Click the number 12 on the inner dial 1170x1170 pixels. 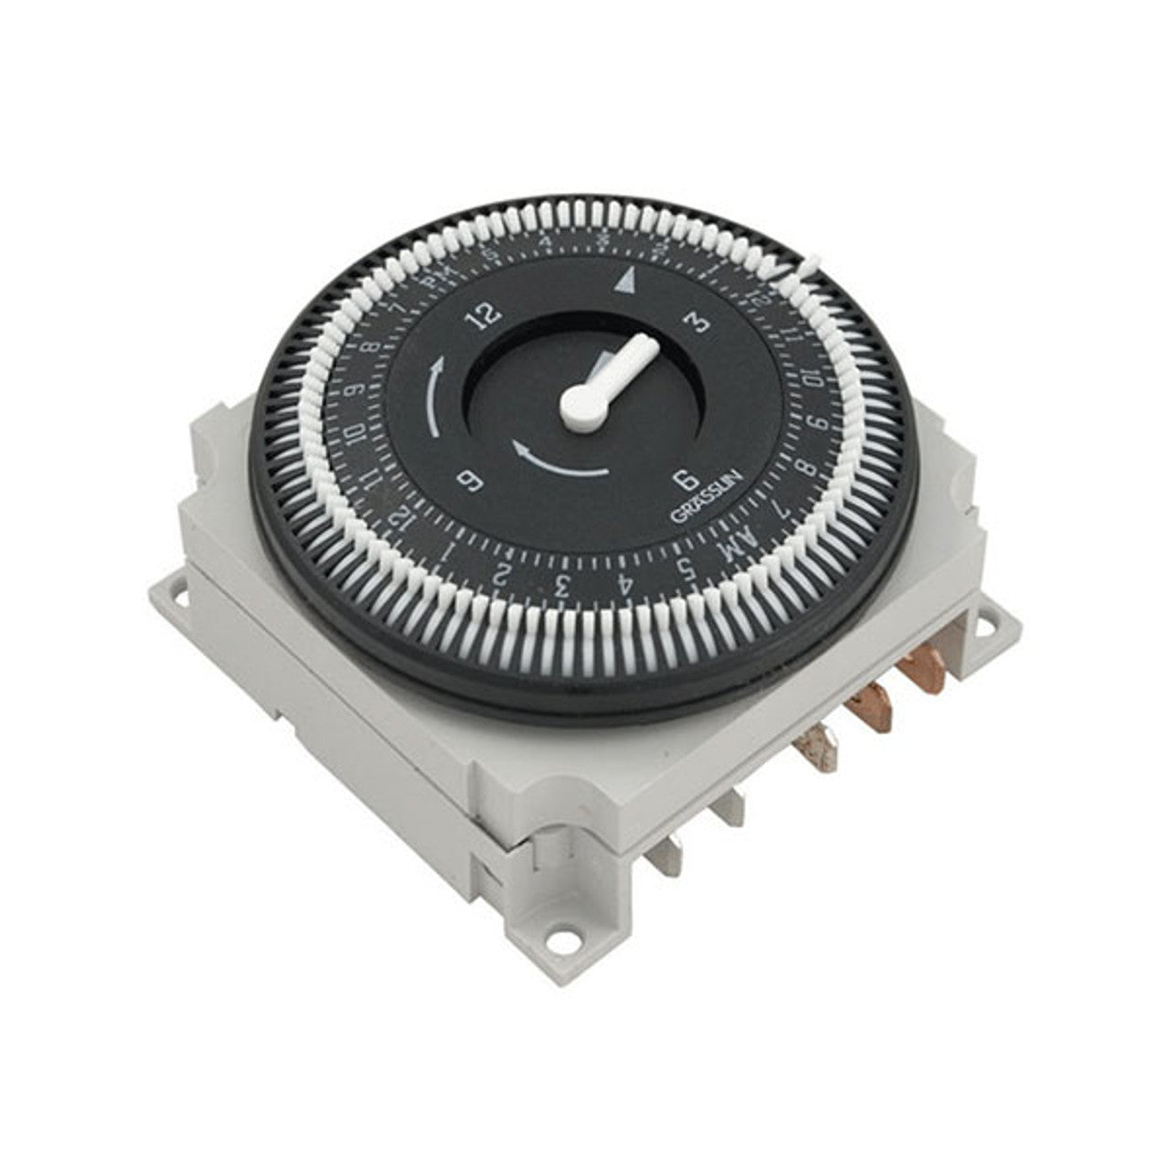[x=485, y=315]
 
